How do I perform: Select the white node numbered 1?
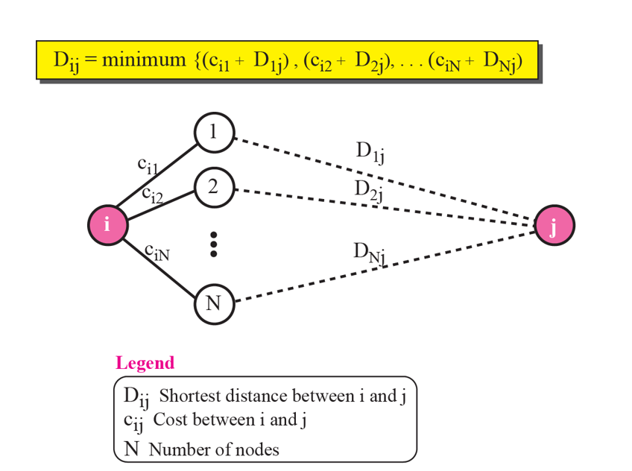(214, 133)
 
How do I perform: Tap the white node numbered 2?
(214, 186)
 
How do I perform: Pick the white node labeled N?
(214, 303)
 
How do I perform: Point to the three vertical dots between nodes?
(214, 244)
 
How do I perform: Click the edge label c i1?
(148, 166)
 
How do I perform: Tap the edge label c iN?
(157, 253)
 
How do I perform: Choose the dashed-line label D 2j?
(369, 190)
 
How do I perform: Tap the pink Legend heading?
(145, 363)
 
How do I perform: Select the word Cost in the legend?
(170, 420)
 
